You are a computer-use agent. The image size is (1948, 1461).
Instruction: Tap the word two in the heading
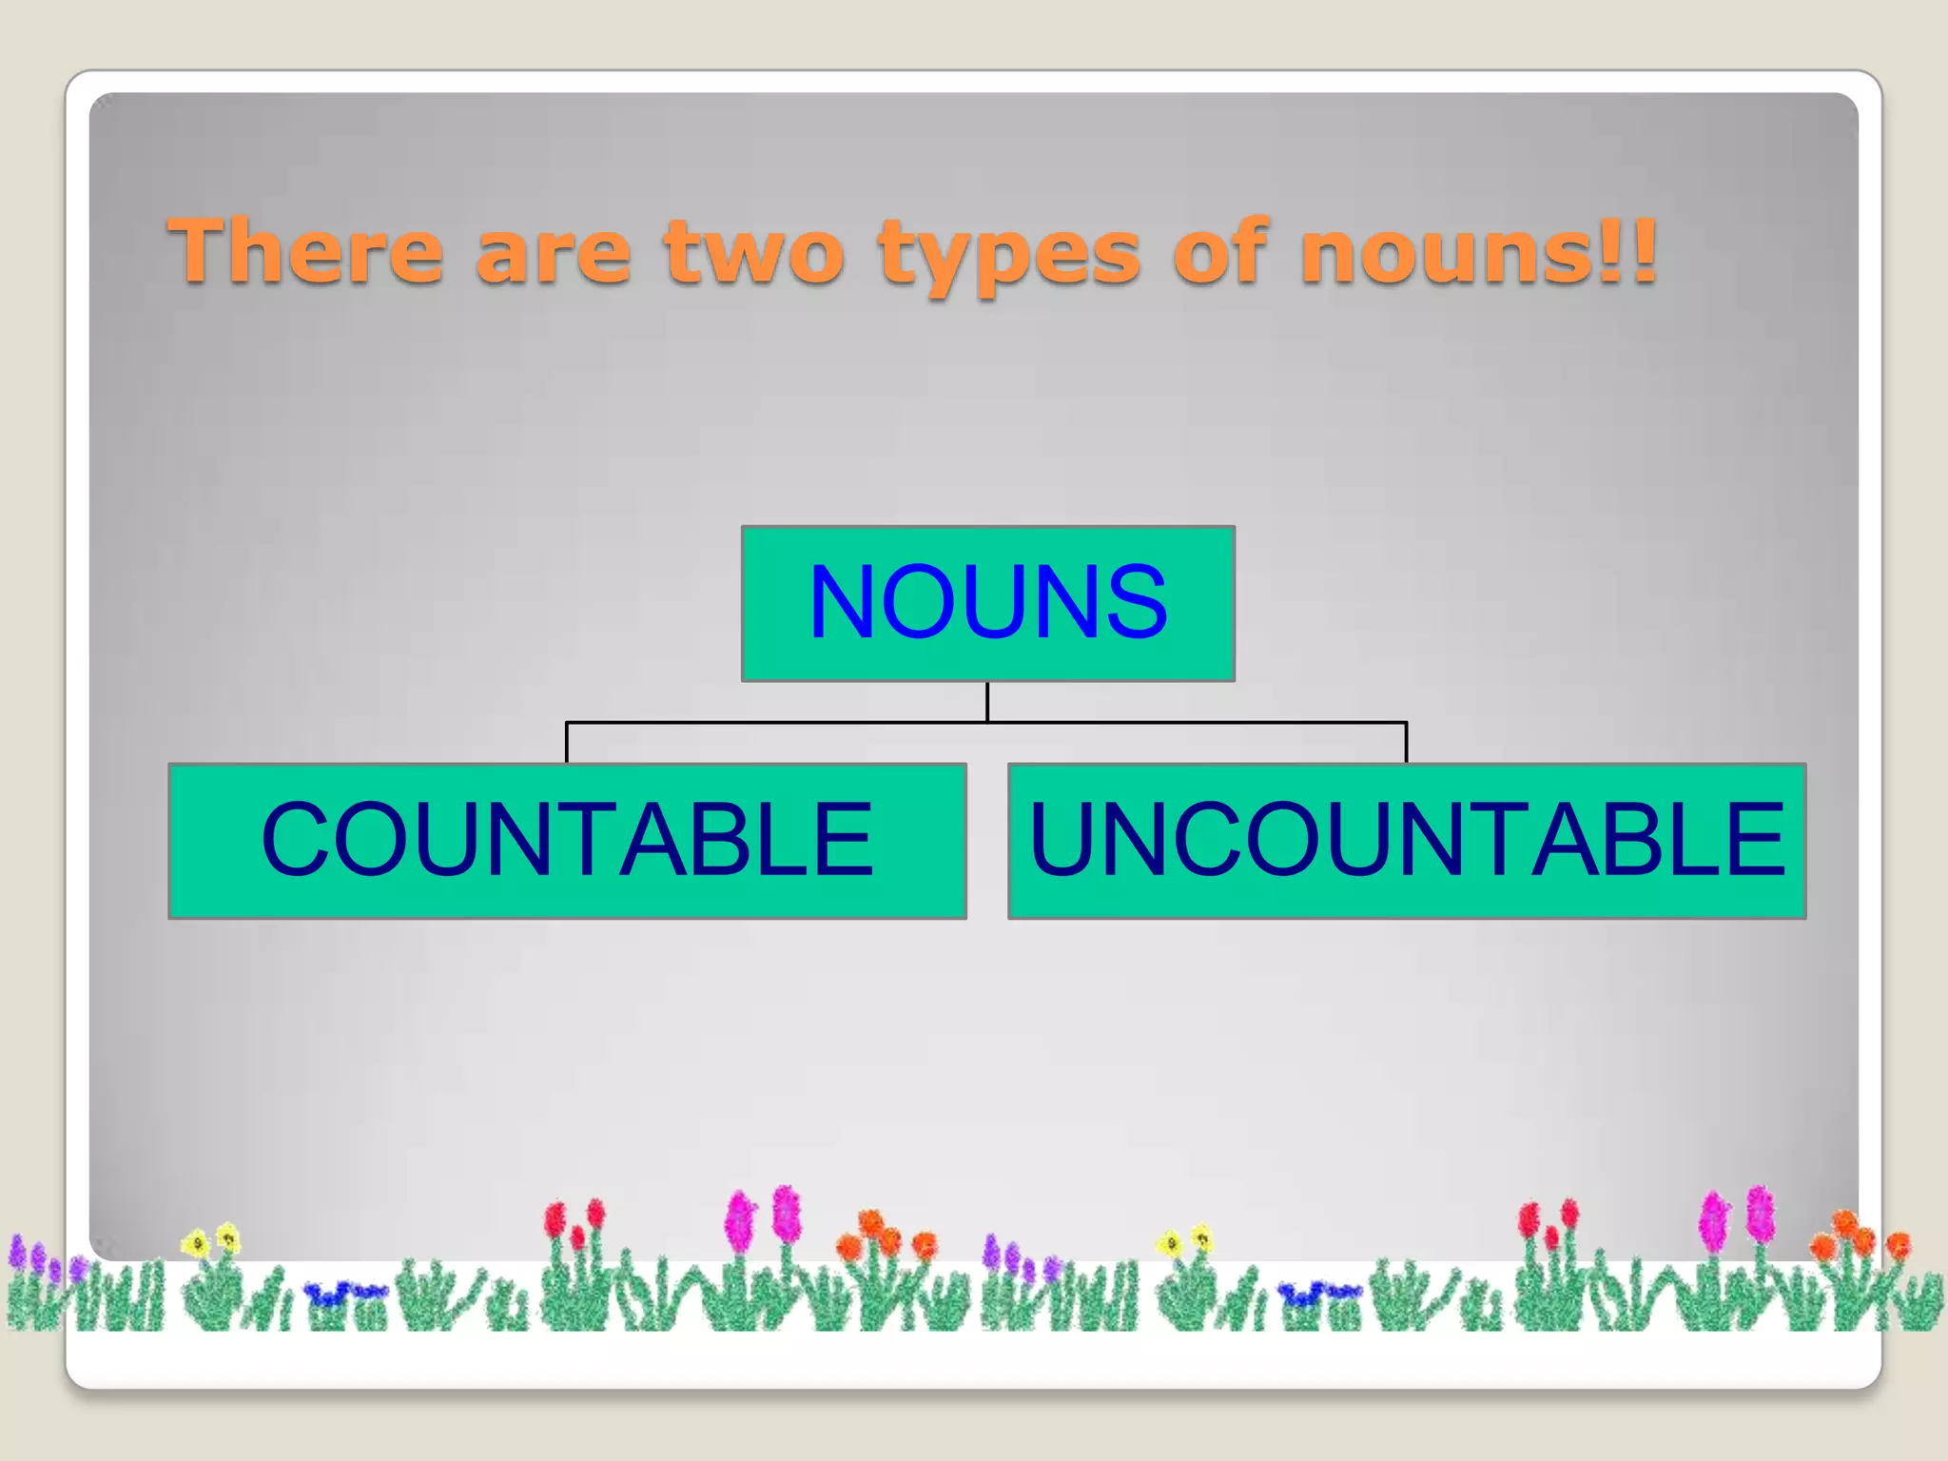[754, 251]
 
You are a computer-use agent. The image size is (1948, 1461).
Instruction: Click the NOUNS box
[987, 603]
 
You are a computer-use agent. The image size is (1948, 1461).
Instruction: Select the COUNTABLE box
[567, 840]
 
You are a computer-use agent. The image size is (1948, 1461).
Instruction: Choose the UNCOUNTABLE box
[1406, 840]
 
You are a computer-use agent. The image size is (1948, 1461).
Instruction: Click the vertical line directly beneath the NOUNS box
[987, 702]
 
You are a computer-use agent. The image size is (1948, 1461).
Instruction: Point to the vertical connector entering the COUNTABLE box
[567, 743]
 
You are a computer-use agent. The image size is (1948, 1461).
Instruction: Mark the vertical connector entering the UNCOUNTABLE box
[1406, 743]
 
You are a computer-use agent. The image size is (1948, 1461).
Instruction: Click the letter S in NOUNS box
[1131, 603]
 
